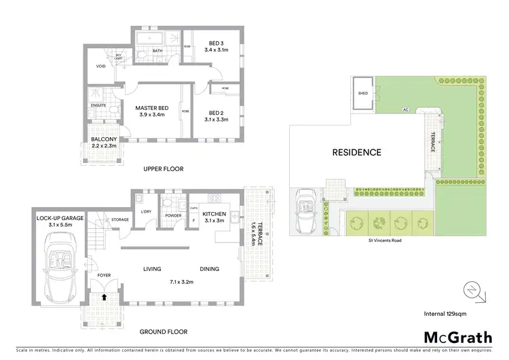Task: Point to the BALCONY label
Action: point(104,141)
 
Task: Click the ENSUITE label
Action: point(98,107)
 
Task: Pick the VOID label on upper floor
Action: point(100,67)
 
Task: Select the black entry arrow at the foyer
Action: point(104,296)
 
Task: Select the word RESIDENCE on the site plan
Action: point(356,152)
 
